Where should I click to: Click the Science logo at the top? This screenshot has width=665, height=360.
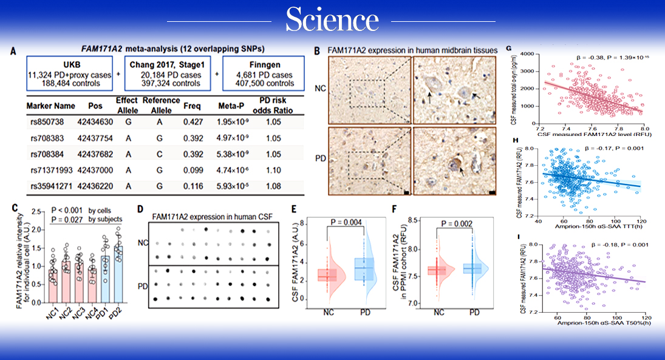click(x=332, y=21)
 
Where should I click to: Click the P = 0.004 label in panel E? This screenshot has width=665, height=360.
click(x=346, y=222)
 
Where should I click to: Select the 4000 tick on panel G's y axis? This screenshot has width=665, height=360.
click(x=525, y=55)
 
